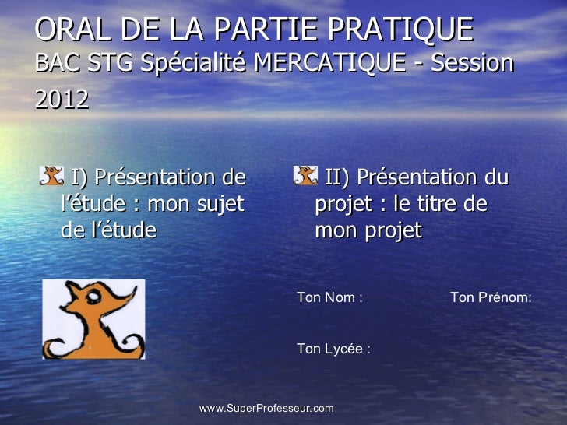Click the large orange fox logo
(x=93, y=319)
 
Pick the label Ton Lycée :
(x=333, y=349)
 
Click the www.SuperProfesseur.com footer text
(x=266, y=408)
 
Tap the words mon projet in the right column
(x=368, y=231)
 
